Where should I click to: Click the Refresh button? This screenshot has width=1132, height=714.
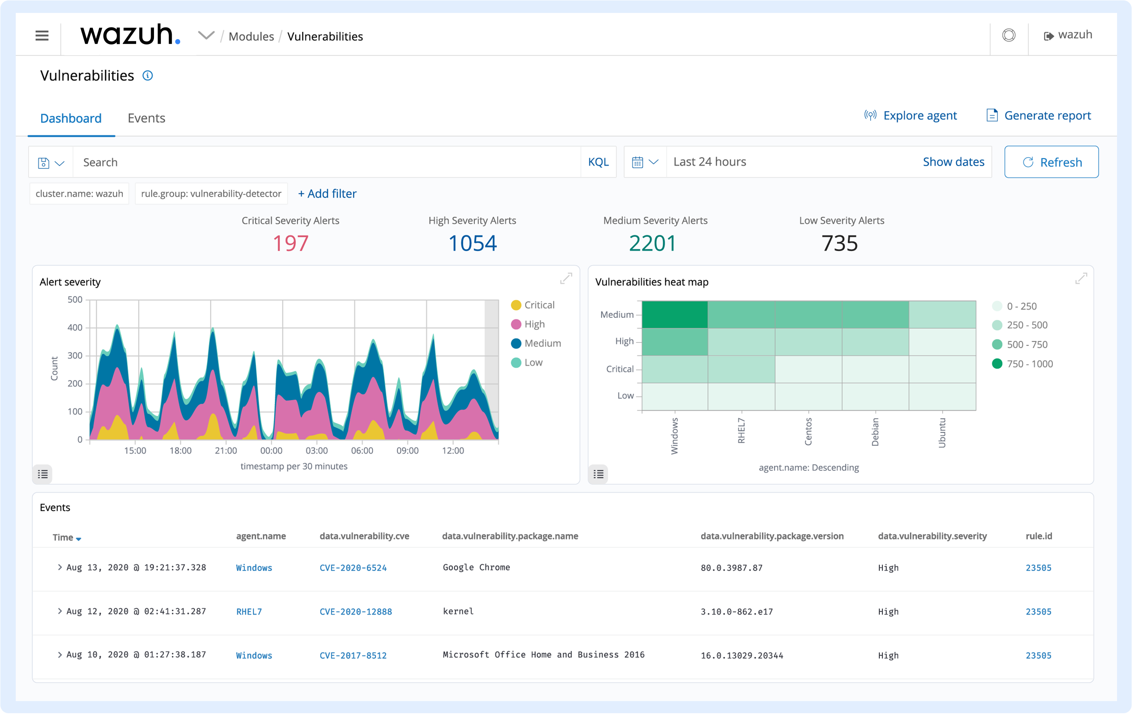point(1051,162)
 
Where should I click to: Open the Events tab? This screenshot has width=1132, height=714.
point(146,118)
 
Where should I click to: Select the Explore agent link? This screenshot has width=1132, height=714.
point(919,115)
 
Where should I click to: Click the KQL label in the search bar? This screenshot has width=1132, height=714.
point(598,162)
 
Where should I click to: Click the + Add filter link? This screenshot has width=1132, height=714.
point(327,194)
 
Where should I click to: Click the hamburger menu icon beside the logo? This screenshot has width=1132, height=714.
point(42,36)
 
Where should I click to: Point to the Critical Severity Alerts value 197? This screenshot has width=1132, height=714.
point(290,243)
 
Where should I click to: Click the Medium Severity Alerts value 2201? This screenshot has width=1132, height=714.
point(652,243)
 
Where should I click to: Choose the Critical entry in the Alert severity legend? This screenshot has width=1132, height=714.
point(539,305)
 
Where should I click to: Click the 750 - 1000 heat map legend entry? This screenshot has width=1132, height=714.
point(1029,364)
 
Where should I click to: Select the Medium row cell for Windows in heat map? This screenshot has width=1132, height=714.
point(675,315)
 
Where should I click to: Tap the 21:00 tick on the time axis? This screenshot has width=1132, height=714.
point(226,450)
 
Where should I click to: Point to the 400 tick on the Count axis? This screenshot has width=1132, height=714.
point(75,328)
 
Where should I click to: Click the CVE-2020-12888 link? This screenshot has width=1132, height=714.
point(356,611)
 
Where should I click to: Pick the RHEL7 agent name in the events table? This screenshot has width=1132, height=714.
point(249,611)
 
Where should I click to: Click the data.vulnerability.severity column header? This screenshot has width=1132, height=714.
point(932,536)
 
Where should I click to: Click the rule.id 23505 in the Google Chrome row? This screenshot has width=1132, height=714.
point(1038,568)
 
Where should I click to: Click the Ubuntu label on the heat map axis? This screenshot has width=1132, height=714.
point(942,433)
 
